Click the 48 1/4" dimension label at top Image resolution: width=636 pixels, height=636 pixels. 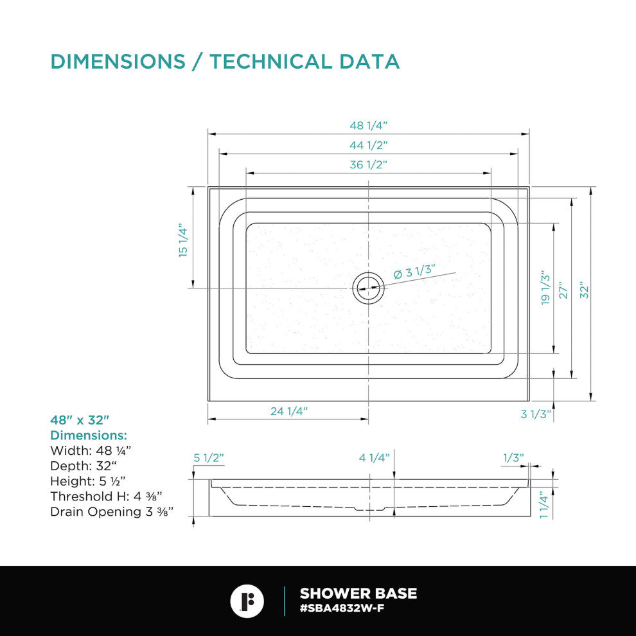click(x=368, y=125)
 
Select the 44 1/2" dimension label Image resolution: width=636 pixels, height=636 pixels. click(x=368, y=145)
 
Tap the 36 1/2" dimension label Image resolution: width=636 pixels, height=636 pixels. click(x=368, y=164)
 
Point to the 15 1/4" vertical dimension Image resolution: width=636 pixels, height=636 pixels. click(x=183, y=240)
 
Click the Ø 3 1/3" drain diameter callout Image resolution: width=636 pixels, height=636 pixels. click(x=414, y=271)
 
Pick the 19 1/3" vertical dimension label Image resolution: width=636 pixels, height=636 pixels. click(x=546, y=288)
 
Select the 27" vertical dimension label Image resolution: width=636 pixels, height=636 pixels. click(x=564, y=290)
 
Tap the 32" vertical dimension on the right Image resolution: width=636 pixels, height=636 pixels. click(x=584, y=290)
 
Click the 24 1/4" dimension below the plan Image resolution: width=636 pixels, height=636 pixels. click(x=289, y=411)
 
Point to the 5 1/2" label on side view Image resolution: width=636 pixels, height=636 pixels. click(x=209, y=458)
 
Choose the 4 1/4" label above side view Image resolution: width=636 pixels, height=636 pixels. click(x=375, y=458)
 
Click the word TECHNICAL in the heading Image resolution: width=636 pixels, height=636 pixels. click(x=270, y=62)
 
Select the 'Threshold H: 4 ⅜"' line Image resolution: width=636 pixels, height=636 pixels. click(x=106, y=496)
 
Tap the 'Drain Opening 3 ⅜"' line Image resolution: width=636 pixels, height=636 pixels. click(x=112, y=511)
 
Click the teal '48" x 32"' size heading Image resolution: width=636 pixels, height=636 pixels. click(x=80, y=420)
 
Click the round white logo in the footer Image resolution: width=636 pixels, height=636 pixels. click(x=247, y=601)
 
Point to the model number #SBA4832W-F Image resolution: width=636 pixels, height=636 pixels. click(x=342, y=608)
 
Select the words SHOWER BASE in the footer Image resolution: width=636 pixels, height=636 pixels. click(x=358, y=594)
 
